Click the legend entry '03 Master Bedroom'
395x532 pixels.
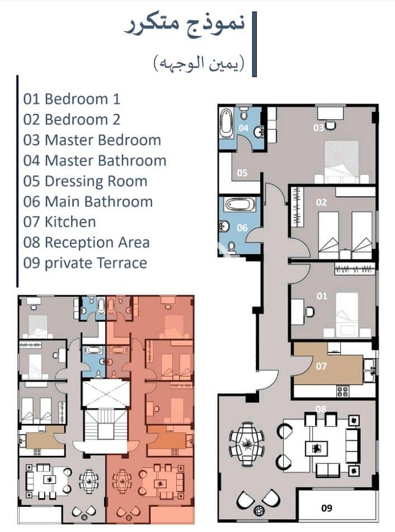92,140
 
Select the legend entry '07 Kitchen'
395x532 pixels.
59,222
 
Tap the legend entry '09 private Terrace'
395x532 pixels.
85,263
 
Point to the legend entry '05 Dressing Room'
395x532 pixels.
85,181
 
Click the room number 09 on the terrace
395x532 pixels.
326,508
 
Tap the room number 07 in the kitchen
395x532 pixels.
321,366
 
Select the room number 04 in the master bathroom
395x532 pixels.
243,128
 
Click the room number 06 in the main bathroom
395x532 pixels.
242,228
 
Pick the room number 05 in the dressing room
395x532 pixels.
242,173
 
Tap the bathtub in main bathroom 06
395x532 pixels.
240,205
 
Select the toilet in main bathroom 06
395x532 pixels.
232,247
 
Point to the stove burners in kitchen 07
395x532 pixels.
342,391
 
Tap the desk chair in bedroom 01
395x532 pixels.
309,312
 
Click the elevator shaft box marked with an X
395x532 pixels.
106,394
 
